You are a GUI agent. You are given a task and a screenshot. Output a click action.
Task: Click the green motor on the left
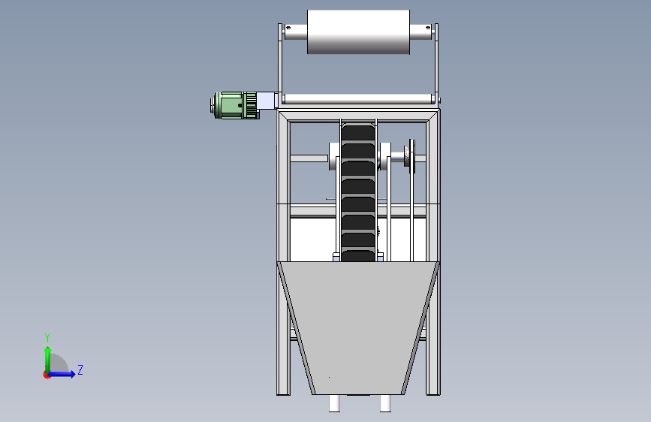[x=234, y=105]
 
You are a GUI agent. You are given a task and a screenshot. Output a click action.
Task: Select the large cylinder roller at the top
[x=358, y=32]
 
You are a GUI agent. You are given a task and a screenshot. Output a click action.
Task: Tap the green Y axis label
[x=47, y=337]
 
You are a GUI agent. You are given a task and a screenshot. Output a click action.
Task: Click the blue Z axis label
[x=80, y=369]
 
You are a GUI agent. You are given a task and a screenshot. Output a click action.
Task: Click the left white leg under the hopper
[x=334, y=403]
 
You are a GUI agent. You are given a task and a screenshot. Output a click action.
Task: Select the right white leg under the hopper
[x=385, y=403]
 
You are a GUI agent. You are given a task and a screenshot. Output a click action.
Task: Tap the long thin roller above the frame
[x=358, y=99]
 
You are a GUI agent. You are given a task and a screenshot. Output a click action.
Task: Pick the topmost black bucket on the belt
[x=358, y=132]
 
